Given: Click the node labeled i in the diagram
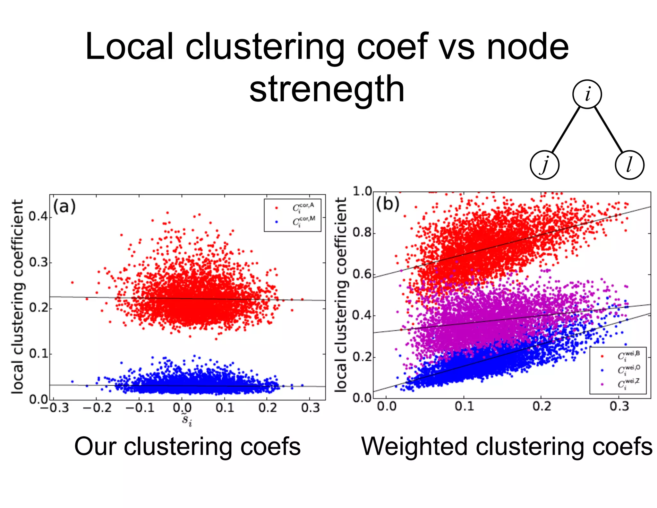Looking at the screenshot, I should tap(587, 94).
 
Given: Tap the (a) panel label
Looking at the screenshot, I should tap(64, 206).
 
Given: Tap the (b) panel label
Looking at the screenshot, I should tap(388, 204).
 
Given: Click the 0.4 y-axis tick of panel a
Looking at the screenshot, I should tap(38, 216).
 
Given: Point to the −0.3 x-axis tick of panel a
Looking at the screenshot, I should tap(55, 408).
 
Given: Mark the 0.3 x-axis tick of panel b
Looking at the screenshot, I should tap(619, 407).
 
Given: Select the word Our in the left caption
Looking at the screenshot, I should tap(95, 446).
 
